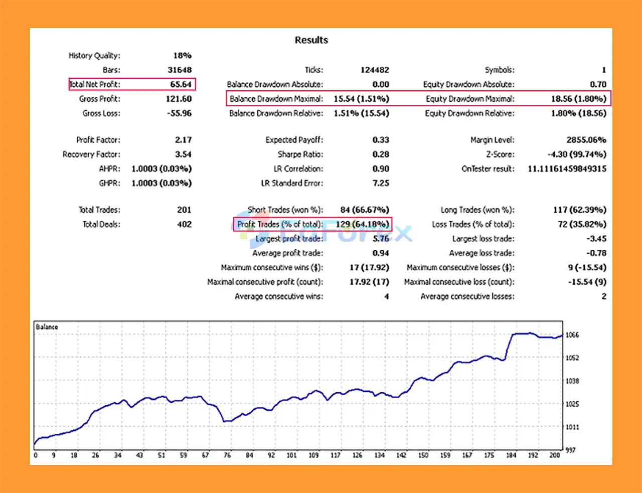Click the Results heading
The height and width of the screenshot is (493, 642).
point(311,40)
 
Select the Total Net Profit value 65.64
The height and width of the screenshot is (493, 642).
point(181,84)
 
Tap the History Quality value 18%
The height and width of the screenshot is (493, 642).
point(182,55)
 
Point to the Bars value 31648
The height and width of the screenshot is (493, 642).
point(180,70)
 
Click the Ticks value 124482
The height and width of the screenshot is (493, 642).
point(374,70)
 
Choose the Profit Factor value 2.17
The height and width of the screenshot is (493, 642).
point(183,139)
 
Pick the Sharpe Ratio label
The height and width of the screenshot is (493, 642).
point(300,154)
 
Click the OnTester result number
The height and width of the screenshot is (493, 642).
point(567,169)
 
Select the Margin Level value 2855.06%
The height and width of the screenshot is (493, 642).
point(586,139)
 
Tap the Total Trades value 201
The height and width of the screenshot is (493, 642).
point(184,210)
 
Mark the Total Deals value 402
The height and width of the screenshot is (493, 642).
point(184,224)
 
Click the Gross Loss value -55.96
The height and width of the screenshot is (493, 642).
point(179,113)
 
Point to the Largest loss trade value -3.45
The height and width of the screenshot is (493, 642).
point(596,239)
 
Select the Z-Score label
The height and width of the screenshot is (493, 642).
point(500,154)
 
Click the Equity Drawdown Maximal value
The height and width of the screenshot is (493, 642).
point(578,99)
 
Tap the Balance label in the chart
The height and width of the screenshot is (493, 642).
point(47,327)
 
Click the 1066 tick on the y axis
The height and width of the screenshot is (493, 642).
point(572,335)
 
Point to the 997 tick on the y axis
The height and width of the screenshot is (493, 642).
point(570,450)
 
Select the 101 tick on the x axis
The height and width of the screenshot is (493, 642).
point(291,455)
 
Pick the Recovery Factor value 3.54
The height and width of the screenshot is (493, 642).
point(183,154)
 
